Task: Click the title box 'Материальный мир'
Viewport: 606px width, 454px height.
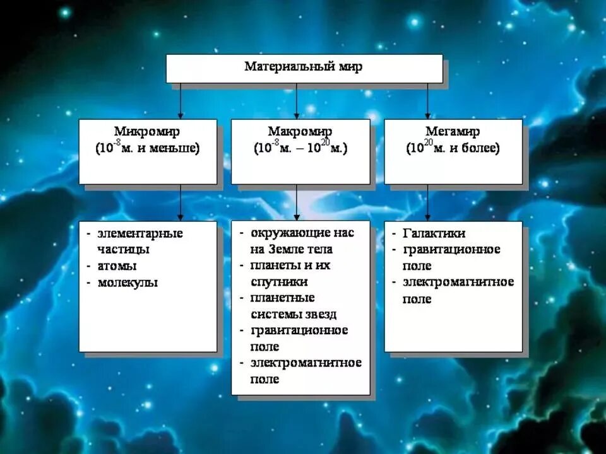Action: [x=304, y=67]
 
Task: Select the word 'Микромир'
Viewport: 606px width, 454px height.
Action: [x=147, y=132]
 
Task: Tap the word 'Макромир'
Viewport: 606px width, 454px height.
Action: [x=300, y=132]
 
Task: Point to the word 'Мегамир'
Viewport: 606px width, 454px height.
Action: [x=453, y=132]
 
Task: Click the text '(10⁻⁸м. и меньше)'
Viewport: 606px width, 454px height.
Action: [x=147, y=149]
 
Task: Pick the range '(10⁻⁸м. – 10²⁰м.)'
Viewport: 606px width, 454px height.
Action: [x=300, y=149]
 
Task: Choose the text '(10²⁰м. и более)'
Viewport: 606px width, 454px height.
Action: [x=453, y=149]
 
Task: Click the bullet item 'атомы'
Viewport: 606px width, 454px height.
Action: [x=117, y=266]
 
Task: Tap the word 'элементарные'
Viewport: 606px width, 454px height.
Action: [x=140, y=233]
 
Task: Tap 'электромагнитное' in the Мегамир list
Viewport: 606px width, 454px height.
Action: [x=458, y=282]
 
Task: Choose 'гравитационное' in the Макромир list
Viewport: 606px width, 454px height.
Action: [x=299, y=330]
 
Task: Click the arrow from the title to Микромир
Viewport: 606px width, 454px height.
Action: [x=181, y=101]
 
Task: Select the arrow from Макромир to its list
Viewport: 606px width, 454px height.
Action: [x=297, y=202]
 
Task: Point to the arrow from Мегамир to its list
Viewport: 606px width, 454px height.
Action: [x=427, y=202]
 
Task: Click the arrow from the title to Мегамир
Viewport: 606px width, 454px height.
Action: [x=427, y=101]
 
